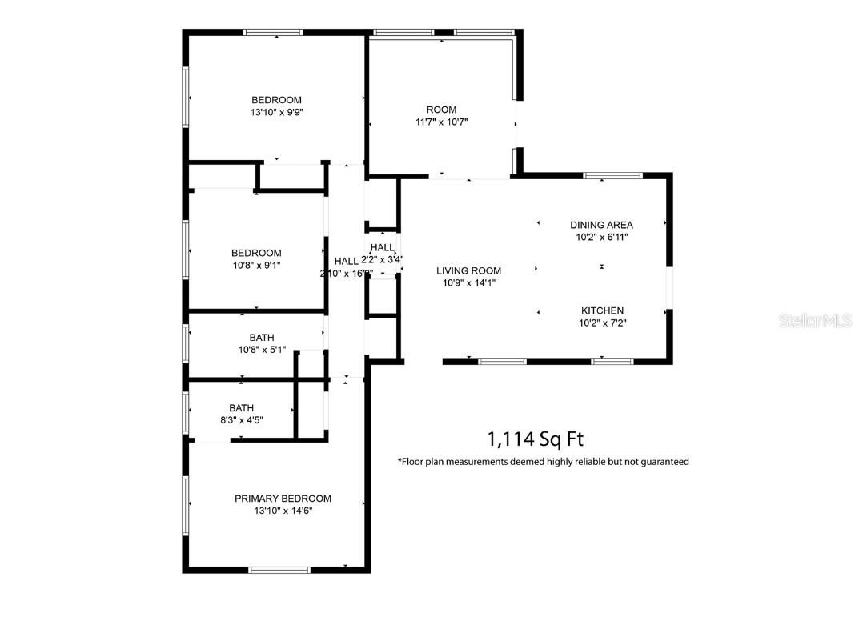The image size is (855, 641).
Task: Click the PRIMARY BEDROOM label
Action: pos(283,499)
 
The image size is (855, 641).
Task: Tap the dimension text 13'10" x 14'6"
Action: pos(283,511)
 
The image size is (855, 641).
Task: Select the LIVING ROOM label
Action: pos(468,270)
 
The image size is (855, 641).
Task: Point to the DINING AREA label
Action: pos(601,225)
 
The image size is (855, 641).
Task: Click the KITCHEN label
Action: pos(602,310)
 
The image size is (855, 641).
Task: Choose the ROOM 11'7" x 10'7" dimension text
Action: pos(441,122)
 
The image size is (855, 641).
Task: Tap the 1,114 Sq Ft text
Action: pos(536,439)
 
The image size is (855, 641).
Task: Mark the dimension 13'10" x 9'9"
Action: pos(276,113)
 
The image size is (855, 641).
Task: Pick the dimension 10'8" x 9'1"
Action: pos(256,265)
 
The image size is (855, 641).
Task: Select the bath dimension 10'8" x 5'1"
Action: pos(262,349)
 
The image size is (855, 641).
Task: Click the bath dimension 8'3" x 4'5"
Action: pos(241,419)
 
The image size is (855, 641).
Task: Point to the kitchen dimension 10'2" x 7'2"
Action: pos(602,323)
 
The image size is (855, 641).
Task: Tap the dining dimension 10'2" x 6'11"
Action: pos(601,237)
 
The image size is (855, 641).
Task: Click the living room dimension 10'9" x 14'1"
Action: pos(468,282)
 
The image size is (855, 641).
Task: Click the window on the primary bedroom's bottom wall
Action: pos(279,570)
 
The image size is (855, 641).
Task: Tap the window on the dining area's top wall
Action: pos(612,175)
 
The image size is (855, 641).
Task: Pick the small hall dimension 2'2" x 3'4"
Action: pos(383,259)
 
